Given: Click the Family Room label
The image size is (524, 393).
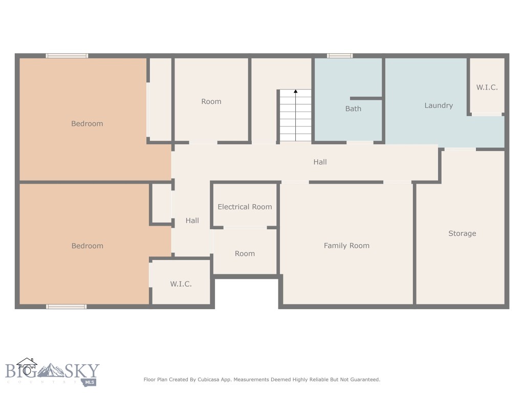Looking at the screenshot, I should (x=346, y=246).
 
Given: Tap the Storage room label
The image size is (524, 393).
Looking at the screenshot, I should (x=462, y=233).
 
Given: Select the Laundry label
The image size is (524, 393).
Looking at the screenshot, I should (x=439, y=105).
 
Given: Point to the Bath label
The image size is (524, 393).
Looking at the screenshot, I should (x=353, y=108).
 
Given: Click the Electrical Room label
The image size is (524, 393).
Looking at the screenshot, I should (x=245, y=207).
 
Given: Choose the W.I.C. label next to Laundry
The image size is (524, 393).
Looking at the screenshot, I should (x=487, y=88).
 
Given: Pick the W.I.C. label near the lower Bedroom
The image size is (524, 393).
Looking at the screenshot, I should (x=181, y=284).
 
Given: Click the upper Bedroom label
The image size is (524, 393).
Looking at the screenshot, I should (x=87, y=123).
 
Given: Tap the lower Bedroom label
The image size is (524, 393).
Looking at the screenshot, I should (x=87, y=246).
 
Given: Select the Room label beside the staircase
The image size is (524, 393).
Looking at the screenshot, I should (x=211, y=101).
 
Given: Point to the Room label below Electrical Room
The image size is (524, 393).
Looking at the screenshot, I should (x=245, y=254).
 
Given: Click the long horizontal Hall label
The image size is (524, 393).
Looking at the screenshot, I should (x=320, y=162).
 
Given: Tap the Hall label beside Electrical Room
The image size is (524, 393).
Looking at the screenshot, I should (x=192, y=221).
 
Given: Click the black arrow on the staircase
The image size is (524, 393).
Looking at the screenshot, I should (x=295, y=92).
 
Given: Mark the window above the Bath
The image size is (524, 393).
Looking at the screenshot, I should (x=340, y=56).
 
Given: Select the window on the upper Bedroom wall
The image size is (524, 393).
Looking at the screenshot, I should (x=67, y=56).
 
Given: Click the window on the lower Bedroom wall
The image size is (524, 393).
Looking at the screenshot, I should (x=66, y=307).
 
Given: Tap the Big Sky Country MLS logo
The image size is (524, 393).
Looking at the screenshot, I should (x=52, y=373).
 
